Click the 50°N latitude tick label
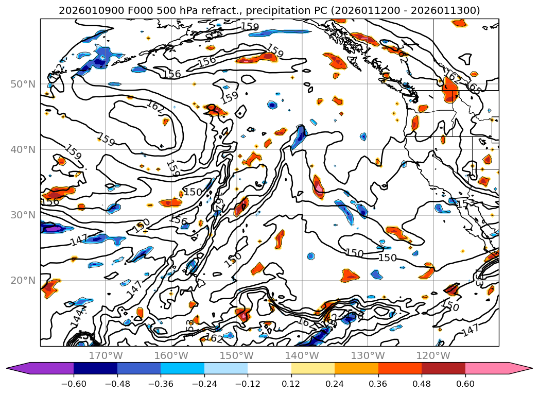tap(23, 84)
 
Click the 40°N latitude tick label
tap(23, 149)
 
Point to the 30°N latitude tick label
tap(23, 215)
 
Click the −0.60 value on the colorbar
tap(74, 383)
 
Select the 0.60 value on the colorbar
tap(465, 383)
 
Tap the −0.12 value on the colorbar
tap(248, 383)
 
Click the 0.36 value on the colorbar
tap(378, 383)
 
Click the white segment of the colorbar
tap(269, 368)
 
